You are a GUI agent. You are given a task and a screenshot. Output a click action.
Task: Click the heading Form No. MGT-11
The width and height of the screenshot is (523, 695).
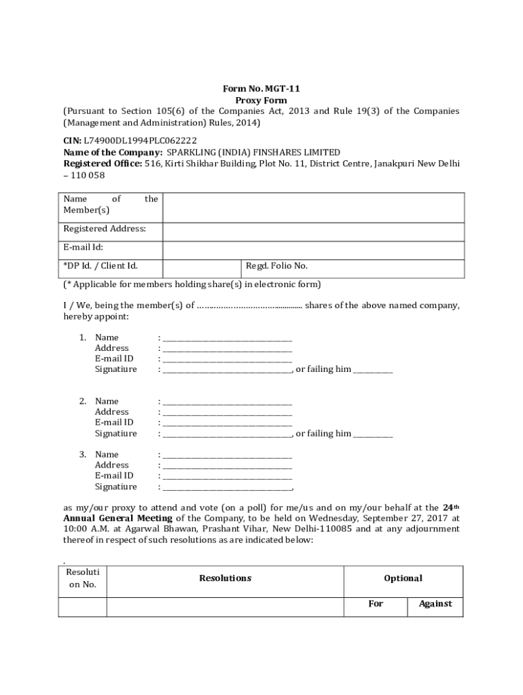(261, 88)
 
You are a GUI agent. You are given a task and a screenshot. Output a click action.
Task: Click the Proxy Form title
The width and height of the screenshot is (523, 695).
(261, 100)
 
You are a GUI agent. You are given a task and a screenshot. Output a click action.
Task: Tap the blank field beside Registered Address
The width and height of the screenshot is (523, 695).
(313, 231)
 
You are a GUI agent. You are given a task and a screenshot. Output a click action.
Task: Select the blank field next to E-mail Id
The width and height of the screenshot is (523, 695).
(313, 250)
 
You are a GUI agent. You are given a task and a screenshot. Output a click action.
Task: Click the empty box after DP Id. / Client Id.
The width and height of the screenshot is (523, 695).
(201, 268)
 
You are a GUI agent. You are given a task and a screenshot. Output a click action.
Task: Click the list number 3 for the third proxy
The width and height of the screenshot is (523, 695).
(82, 454)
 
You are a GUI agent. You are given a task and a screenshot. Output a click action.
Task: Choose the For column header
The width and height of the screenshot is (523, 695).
(376, 603)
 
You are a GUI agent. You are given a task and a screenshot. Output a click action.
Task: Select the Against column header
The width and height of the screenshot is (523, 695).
(435, 603)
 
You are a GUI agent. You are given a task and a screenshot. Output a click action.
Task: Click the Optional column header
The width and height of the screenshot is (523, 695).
(403, 578)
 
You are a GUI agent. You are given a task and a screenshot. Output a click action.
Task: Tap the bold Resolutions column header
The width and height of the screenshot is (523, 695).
(225, 578)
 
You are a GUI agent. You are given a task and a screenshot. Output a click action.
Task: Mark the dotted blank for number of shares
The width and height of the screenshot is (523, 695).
(249, 306)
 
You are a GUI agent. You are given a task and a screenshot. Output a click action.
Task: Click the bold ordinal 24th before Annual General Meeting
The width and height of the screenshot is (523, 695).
(450, 507)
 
